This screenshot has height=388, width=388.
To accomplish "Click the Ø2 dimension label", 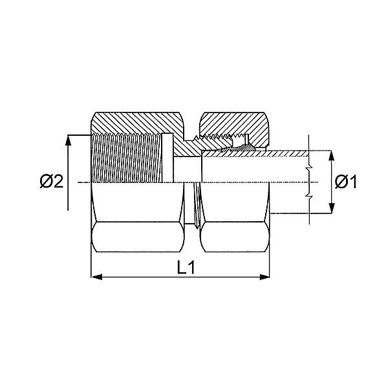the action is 52,181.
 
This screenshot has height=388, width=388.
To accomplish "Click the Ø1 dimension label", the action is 345,182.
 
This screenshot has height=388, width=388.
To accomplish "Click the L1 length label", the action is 186,267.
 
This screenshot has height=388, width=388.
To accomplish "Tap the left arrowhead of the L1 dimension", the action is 96,277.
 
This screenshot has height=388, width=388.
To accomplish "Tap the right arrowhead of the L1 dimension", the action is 264,277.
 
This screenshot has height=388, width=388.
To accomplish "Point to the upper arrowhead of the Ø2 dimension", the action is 68,140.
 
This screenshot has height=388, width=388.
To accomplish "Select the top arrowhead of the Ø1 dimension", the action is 331,156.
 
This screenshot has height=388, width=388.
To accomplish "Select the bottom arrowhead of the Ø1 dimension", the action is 331,208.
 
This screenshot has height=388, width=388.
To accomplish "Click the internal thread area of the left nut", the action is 126,158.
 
